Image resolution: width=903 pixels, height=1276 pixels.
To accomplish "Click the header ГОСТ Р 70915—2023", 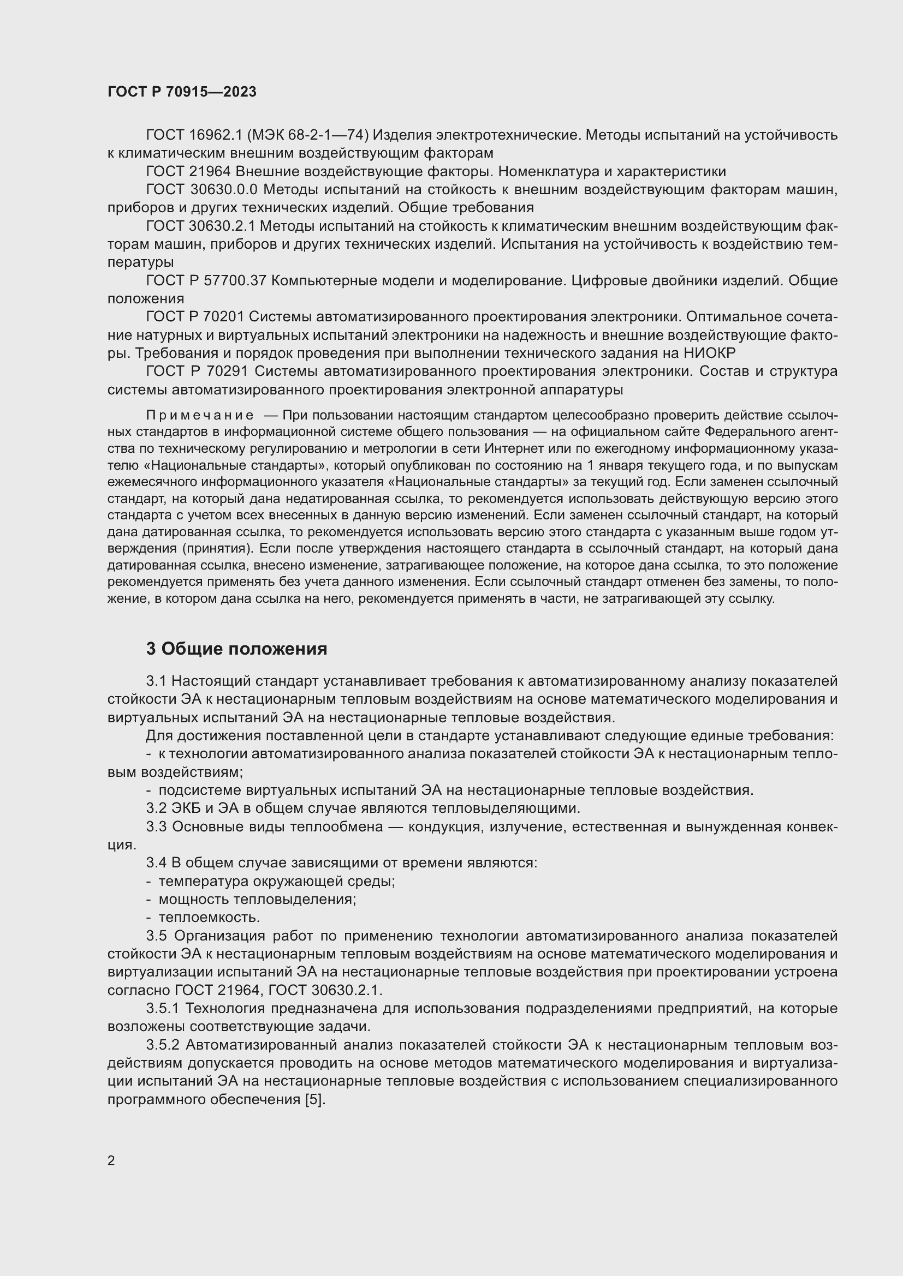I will pyautogui.click(x=182, y=92).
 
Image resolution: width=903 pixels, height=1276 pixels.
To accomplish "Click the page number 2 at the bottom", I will pyautogui.click(x=111, y=1160).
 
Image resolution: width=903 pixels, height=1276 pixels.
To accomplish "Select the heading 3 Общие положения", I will pyautogui.click(x=236, y=649).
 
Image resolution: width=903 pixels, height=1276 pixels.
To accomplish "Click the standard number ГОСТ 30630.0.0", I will pyautogui.click(x=201, y=189).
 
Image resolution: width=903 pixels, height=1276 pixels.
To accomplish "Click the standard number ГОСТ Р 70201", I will pyautogui.click(x=194, y=317).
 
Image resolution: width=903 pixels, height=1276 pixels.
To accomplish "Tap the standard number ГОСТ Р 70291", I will pyautogui.click(x=194, y=372).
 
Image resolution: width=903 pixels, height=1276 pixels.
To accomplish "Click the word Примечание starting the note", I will pyautogui.click(x=200, y=416).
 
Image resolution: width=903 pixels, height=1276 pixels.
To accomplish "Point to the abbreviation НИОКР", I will pyautogui.click(x=709, y=353).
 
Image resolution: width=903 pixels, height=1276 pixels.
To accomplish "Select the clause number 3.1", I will pyautogui.click(x=156, y=681).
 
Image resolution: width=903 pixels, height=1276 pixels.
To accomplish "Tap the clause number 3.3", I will pyautogui.click(x=156, y=826).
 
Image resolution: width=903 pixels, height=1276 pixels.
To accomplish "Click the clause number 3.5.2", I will pyautogui.click(x=163, y=1045).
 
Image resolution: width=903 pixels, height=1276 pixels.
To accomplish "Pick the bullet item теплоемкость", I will pyautogui.click(x=209, y=917).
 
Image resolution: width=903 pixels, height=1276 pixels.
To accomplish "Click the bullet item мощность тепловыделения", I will pyautogui.click(x=257, y=899).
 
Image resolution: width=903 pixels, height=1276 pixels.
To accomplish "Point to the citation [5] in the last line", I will pyautogui.click(x=314, y=1099).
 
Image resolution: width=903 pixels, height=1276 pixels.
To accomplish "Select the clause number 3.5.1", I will pyautogui.click(x=162, y=1008).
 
